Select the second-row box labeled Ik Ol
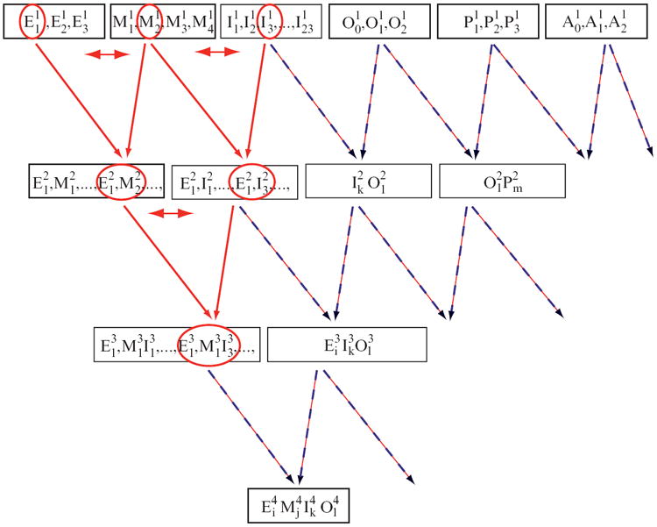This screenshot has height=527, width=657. point(368,182)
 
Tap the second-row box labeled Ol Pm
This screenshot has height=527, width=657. point(501,182)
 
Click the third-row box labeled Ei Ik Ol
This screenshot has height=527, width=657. point(346,345)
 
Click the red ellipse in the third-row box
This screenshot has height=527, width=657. point(209,345)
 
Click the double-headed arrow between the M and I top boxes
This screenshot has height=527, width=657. point(217,53)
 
